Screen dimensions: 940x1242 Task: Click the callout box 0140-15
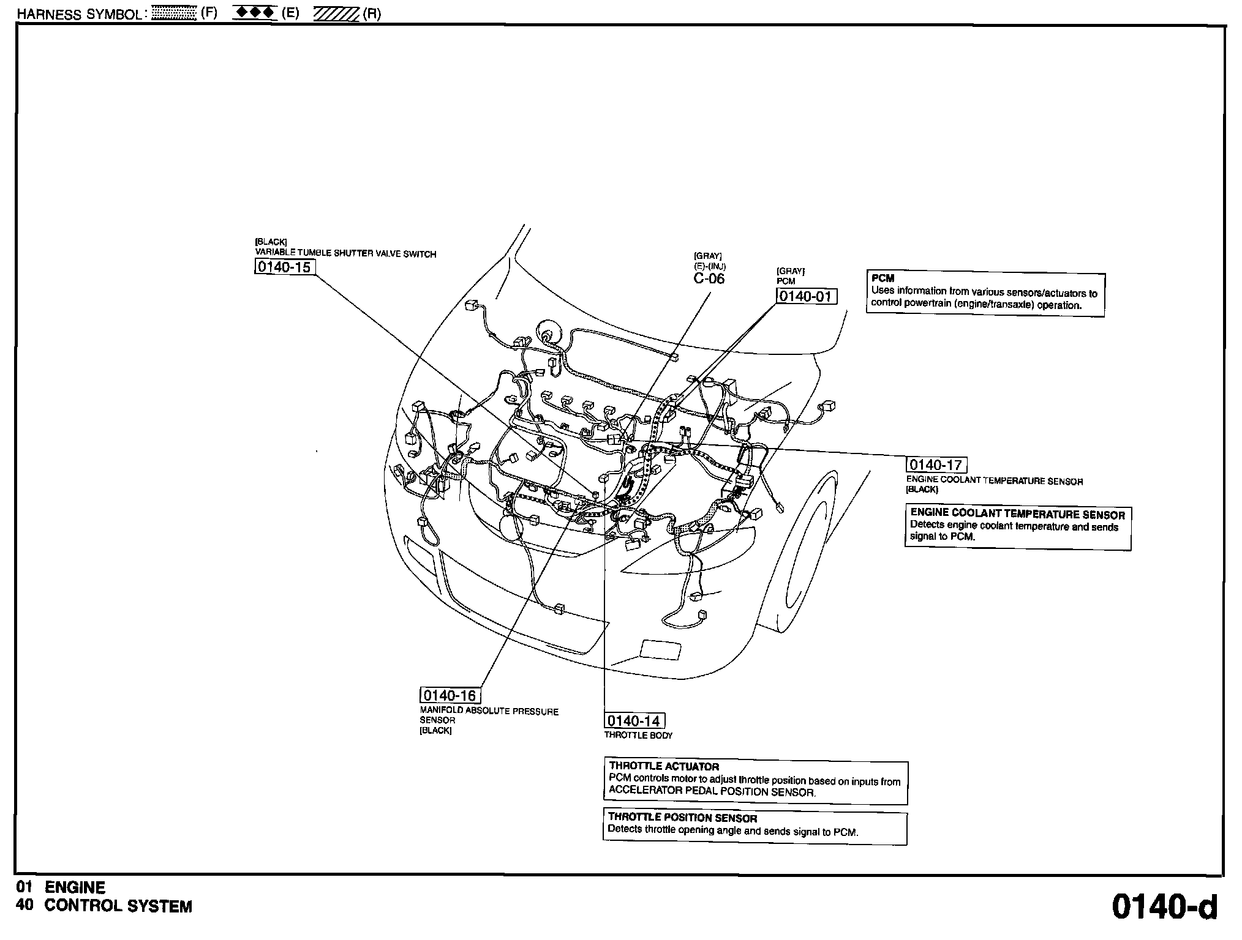pos(285,267)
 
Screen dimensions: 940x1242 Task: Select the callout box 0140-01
pos(806,297)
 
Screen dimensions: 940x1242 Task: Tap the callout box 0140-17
pos(936,465)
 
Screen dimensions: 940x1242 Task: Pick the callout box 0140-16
pos(450,696)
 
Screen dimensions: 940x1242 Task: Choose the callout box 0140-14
pos(635,721)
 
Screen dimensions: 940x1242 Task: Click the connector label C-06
pos(709,279)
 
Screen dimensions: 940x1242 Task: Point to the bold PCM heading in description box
pos(883,278)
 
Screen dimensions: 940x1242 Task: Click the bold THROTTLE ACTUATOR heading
pos(664,766)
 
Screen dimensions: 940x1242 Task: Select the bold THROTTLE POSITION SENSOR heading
pos(682,818)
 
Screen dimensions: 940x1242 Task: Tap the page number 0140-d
pos(1164,907)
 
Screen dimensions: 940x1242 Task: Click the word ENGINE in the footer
pos(75,887)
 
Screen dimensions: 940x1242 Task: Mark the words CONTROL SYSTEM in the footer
pos(118,906)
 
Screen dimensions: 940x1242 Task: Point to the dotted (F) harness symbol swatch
pos(173,13)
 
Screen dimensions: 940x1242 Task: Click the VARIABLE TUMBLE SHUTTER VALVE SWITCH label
pos(345,254)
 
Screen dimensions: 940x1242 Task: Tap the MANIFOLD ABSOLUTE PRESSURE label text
pos(489,712)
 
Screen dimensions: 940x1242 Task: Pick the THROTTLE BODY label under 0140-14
pos(638,736)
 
